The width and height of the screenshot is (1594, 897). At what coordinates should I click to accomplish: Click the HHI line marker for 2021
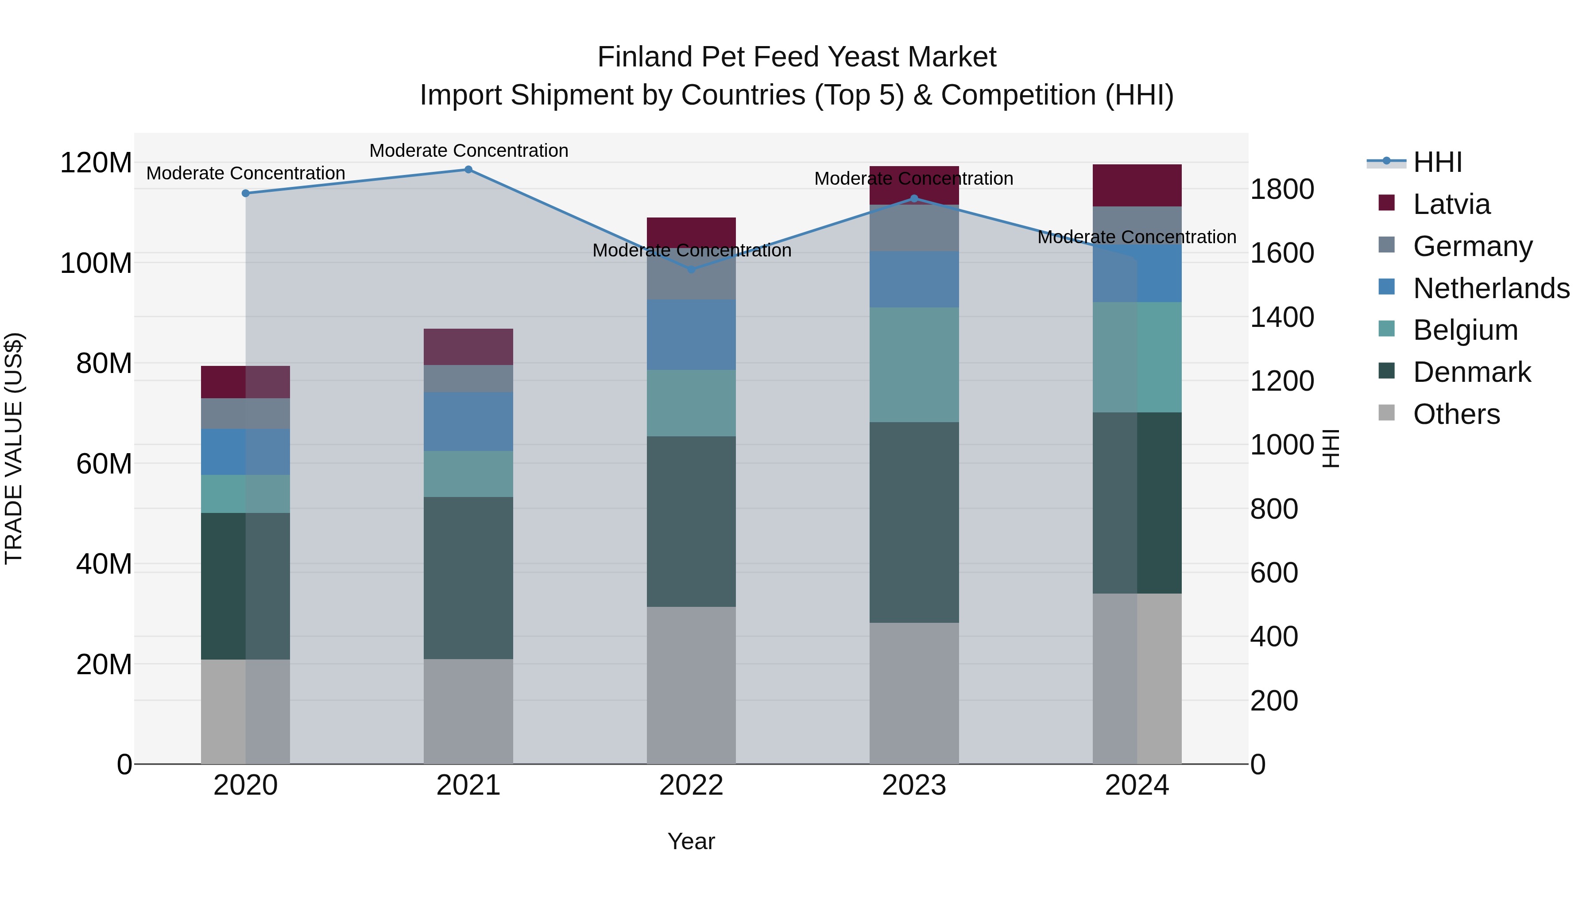pyautogui.click(x=468, y=170)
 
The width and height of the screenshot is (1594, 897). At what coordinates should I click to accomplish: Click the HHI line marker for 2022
pyautogui.click(x=691, y=269)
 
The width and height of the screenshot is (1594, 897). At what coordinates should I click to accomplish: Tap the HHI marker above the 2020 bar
pyautogui.click(x=246, y=193)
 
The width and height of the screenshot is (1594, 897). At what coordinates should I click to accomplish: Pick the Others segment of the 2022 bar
pyautogui.click(x=691, y=685)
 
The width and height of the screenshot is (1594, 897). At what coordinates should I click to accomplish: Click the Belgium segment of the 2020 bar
pyautogui.click(x=246, y=493)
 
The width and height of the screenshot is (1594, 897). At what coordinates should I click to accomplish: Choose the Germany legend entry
pyautogui.click(x=1472, y=246)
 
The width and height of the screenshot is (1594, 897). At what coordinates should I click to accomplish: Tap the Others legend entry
pyautogui.click(x=1456, y=414)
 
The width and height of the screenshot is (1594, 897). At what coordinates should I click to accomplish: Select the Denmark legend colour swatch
pyautogui.click(x=1387, y=372)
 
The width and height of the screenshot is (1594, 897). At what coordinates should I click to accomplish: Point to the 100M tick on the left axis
pyautogui.click(x=96, y=264)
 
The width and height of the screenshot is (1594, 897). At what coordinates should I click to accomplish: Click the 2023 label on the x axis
pyautogui.click(x=914, y=785)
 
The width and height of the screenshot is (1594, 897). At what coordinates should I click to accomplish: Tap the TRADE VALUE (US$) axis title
pyautogui.click(x=14, y=448)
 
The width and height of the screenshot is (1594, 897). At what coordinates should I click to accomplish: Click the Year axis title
pyautogui.click(x=691, y=841)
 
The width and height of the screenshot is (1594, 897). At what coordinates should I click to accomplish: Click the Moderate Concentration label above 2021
pyautogui.click(x=468, y=151)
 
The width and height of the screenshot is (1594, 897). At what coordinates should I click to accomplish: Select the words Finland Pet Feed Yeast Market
pyautogui.click(x=797, y=57)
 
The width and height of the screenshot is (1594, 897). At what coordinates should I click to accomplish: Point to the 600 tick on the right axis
pyautogui.click(x=1273, y=573)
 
